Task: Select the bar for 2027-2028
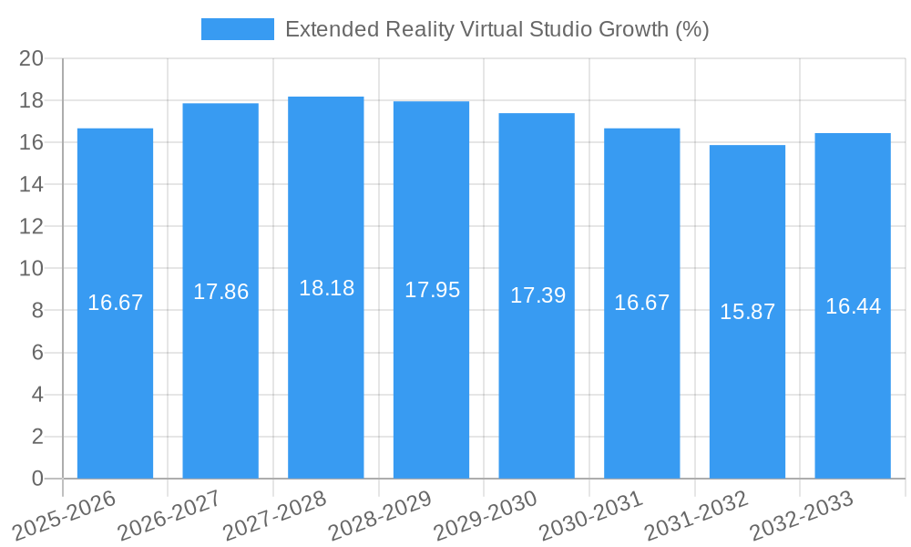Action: pos(326,383)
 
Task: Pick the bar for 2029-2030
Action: pos(537,383)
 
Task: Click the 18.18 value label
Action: pos(326,288)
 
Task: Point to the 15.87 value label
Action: pos(747,312)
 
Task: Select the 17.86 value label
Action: pos(220,292)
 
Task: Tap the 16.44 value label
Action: pos(853,306)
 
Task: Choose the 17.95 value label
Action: pos(432,290)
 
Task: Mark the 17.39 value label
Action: pos(537,295)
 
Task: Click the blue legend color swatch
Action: pos(237,29)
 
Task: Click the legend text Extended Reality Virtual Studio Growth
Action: pos(496,29)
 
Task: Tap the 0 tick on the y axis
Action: pos(37,479)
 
